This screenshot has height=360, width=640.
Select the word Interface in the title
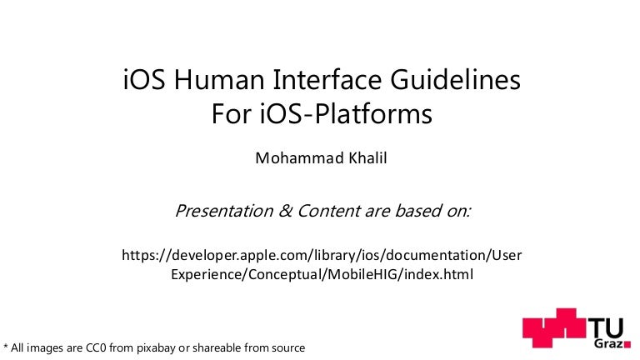[x=309, y=82]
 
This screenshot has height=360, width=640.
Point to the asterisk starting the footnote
[x=7, y=347]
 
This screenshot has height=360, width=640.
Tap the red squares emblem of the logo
[x=554, y=331]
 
